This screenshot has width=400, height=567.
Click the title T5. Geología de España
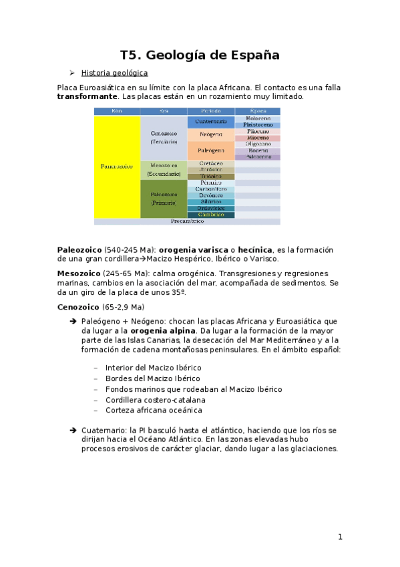pos(200,55)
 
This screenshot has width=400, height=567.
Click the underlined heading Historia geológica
pos(114,73)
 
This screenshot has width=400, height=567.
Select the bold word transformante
pos(87,96)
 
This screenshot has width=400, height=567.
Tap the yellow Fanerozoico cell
pos(117,166)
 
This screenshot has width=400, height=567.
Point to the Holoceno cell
pos(257,118)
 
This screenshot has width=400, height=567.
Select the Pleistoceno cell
pos(257,125)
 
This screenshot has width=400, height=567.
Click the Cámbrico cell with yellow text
pos(210,215)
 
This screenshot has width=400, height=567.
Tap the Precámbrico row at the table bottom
pos(187,221)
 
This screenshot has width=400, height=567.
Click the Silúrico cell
pos(210,202)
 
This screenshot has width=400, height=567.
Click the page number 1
pos(340,536)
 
